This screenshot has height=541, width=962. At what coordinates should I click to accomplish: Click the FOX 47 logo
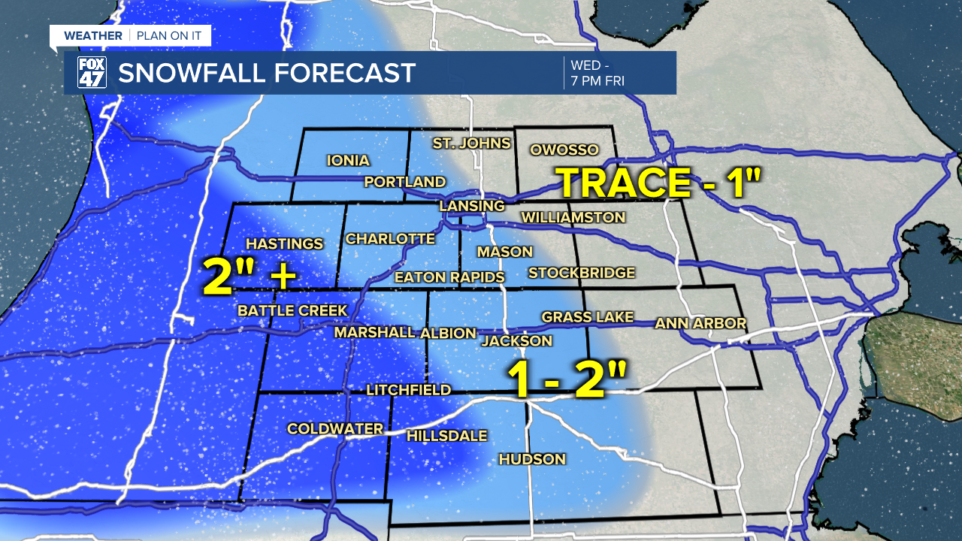[x=92, y=73]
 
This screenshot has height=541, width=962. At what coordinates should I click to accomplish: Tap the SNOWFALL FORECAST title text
[x=267, y=73]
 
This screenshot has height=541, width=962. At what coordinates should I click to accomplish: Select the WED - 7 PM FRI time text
[x=598, y=73]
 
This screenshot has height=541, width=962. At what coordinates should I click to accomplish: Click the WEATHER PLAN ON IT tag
[x=130, y=36]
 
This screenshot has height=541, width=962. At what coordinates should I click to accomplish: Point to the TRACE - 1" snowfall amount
[x=659, y=183]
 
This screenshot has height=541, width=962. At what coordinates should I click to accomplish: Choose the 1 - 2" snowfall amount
[x=567, y=379]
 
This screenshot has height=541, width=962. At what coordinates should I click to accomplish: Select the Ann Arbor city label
[x=700, y=323]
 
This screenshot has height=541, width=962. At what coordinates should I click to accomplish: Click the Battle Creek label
[x=292, y=310]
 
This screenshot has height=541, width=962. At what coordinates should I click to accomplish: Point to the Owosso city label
[x=564, y=150]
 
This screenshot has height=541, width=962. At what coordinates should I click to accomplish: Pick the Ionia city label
[x=348, y=160]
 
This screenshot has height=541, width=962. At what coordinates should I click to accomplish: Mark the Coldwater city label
[x=335, y=428]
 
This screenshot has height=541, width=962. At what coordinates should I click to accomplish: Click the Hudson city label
[x=532, y=459]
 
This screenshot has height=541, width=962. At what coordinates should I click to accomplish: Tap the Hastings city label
[x=285, y=243]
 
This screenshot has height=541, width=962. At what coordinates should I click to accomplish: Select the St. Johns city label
[x=471, y=143]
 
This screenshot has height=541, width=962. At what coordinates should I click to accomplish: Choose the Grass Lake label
[x=588, y=317]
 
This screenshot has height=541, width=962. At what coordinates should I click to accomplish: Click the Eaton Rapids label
[x=449, y=277]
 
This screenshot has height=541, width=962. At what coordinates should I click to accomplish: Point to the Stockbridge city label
[x=582, y=273]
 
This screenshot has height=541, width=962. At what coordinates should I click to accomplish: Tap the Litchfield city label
[x=408, y=389]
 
